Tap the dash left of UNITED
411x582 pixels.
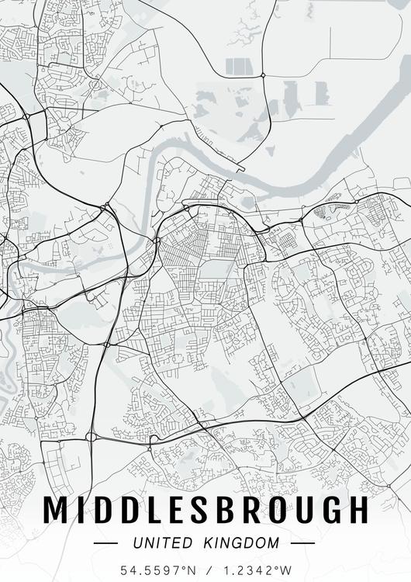[106, 543]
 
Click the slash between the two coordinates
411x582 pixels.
[206, 570]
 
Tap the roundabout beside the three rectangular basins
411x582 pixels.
[263, 75]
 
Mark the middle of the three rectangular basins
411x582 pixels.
[240, 67]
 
